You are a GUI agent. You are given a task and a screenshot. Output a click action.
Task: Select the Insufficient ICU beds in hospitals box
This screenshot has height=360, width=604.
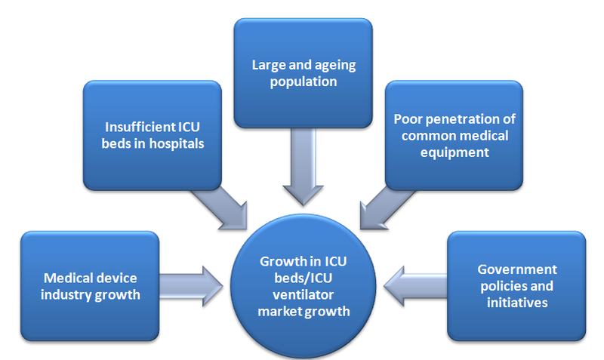click(151, 134)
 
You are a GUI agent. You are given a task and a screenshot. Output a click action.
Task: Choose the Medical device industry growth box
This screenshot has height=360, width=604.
click(91, 285)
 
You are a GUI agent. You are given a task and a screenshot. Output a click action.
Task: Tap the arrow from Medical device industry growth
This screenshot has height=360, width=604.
click(193, 285)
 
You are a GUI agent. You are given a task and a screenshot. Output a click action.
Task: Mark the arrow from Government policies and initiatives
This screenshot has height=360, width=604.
click(415, 285)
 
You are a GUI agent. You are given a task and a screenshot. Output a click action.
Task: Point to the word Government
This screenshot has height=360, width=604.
click(516, 269)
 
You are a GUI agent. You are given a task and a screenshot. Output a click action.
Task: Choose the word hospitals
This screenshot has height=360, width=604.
click(174, 143)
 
